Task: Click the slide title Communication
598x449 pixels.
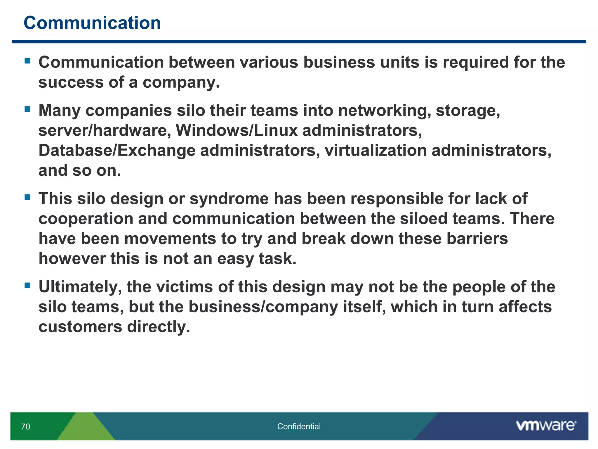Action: [92, 23]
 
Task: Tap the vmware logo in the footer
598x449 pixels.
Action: [546, 426]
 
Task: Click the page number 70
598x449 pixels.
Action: [25, 426]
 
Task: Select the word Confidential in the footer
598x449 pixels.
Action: [299, 426]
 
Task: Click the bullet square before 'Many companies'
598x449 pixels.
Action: [28, 109]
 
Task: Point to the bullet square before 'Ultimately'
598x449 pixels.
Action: [28, 285]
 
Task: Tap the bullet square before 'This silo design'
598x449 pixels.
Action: [28, 197]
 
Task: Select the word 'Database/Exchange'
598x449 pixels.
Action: [117, 151]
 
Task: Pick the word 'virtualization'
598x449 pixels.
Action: [376, 151]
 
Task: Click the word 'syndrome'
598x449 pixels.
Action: [229, 199]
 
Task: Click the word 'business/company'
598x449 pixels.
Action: [263, 307]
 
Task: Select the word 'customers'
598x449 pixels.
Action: [80, 327]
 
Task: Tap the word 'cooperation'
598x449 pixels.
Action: [86, 219]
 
